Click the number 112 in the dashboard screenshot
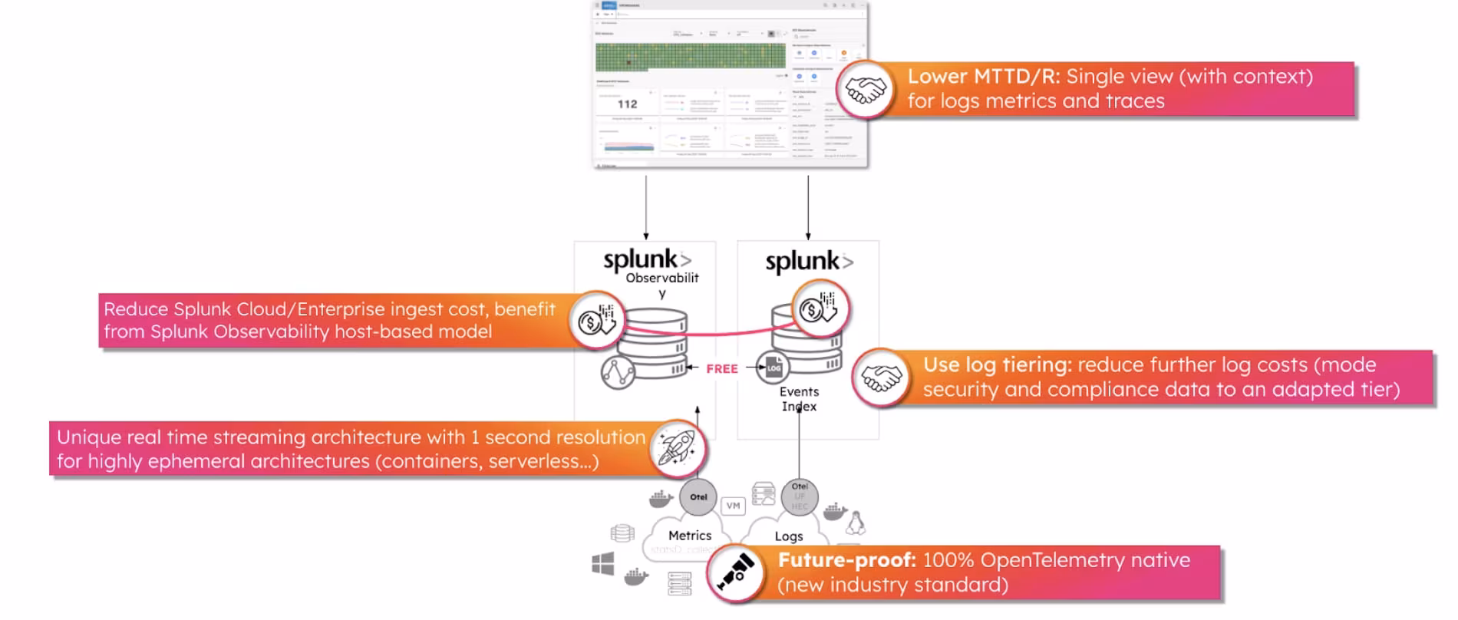point(627,104)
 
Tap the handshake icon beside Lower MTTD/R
point(865,90)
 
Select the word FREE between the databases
point(721,369)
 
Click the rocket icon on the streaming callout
point(677,448)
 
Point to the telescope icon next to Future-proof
point(734,573)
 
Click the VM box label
point(733,506)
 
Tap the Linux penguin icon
point(855,523)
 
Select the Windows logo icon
point(603,565)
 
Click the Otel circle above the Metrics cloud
point(698,497)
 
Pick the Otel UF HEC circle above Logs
point(800,496)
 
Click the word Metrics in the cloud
point(689,536)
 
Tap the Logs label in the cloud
point(788,536)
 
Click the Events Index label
point(799,399)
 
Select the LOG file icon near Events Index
point(772,368)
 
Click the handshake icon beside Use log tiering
point(880,378)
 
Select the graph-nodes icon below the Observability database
point(618,373)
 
